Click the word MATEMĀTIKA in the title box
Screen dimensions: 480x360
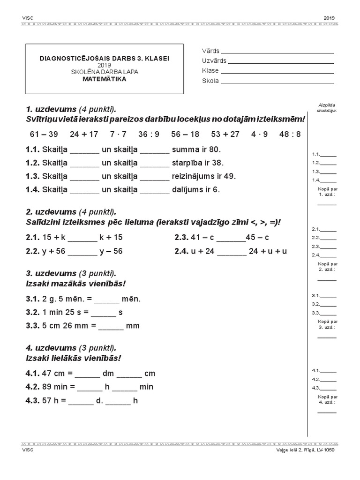(x=105, y=79)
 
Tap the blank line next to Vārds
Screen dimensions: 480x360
(x=277, y=52)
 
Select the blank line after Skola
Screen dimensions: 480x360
(x=277, y=82)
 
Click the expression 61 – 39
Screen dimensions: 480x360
(x=44, y=134)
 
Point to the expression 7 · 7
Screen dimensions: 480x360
(x=118, y=134)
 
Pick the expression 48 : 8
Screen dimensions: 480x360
(x=290, y=134)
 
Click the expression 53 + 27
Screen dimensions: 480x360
(x=225, y=134)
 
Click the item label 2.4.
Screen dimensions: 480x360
(x=181, y=251)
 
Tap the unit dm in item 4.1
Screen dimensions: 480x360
(x=108, y=374)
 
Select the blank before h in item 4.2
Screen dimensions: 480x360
(x=90, y=388)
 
